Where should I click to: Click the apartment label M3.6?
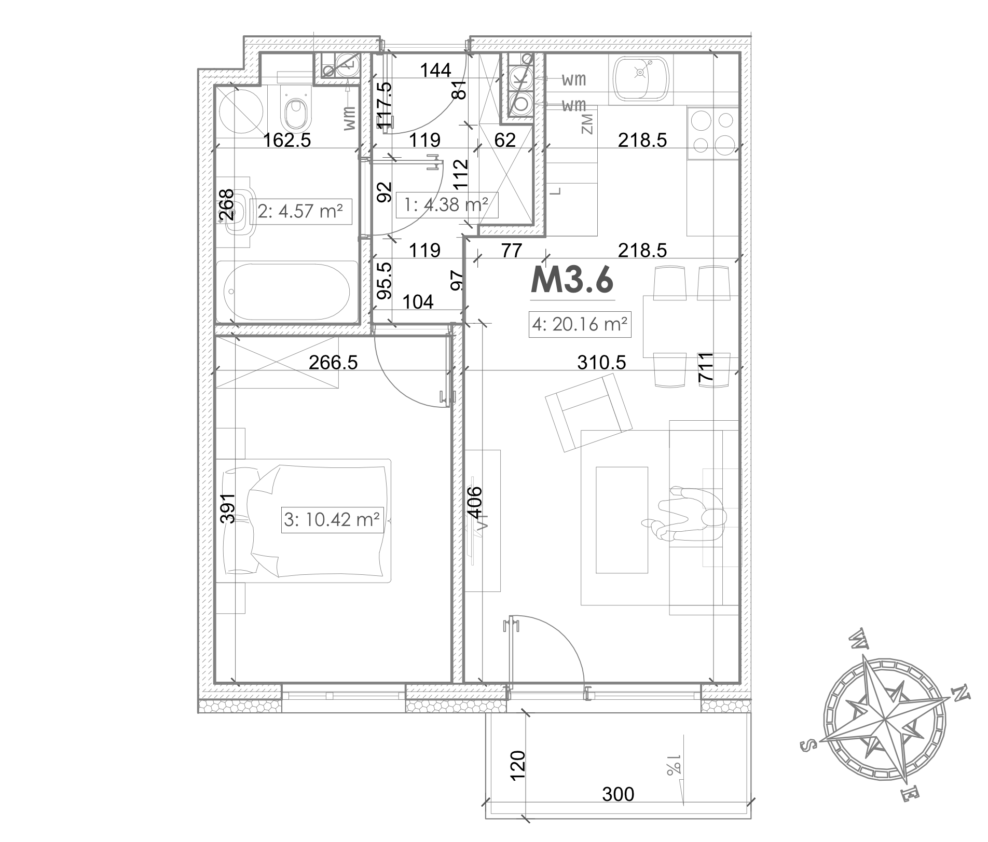pos(572,281)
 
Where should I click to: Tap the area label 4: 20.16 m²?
pos(580,324)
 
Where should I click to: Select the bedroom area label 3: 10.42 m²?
pos(332,519)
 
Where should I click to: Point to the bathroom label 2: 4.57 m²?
pos(300,211)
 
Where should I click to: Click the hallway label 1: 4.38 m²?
pos(447,205)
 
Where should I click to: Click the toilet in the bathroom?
pos(295,108)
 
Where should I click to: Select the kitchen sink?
pos(641,78)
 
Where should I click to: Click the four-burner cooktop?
pos(712,133)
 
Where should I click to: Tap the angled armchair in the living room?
pos(588,412)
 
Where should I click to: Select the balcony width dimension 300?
pos(618,794)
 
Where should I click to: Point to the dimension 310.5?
pos(601,363)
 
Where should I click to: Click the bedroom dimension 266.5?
pos(333,362)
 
